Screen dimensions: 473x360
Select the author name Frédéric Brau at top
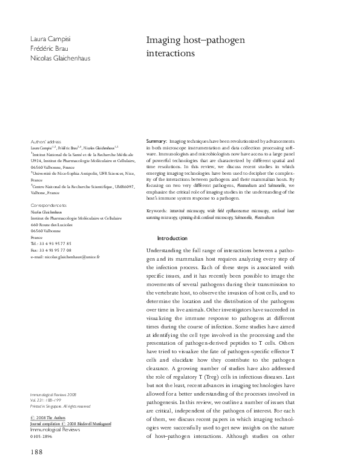click(46, 49)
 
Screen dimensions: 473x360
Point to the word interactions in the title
click(171, 53)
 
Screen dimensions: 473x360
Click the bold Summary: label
click(157, 140)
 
